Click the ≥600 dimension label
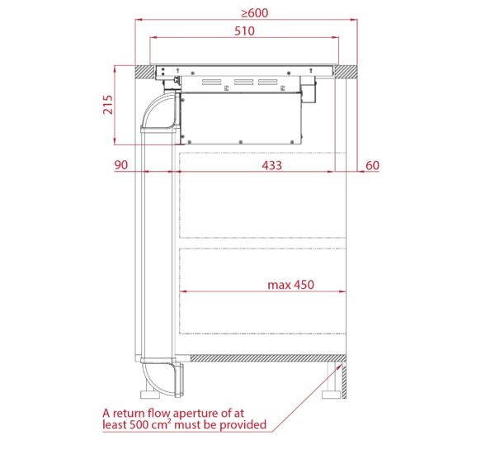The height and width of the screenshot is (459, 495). pos(255,12)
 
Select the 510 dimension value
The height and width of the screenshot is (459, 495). pos(244,31)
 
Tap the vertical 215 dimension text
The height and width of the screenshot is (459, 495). pos(108,105)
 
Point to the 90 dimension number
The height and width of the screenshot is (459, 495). pos(121,165)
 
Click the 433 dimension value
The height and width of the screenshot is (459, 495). pos(271,165)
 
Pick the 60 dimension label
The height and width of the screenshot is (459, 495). pos(372,165)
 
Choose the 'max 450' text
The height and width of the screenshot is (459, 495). pos(290,285)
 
